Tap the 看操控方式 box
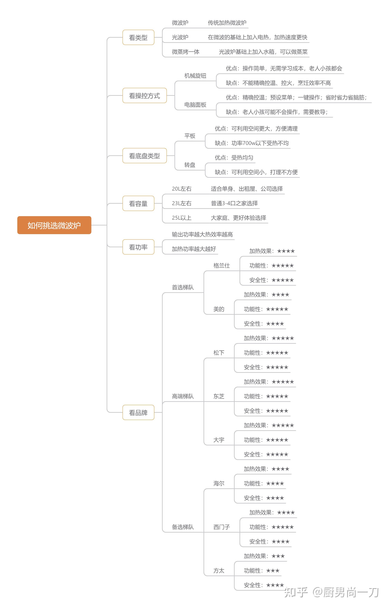144,95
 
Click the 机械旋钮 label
195,76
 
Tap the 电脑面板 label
195,105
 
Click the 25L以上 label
182,218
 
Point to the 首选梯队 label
183,287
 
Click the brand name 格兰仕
221,266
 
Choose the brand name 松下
219,353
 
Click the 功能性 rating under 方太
261,571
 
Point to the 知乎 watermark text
296,592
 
